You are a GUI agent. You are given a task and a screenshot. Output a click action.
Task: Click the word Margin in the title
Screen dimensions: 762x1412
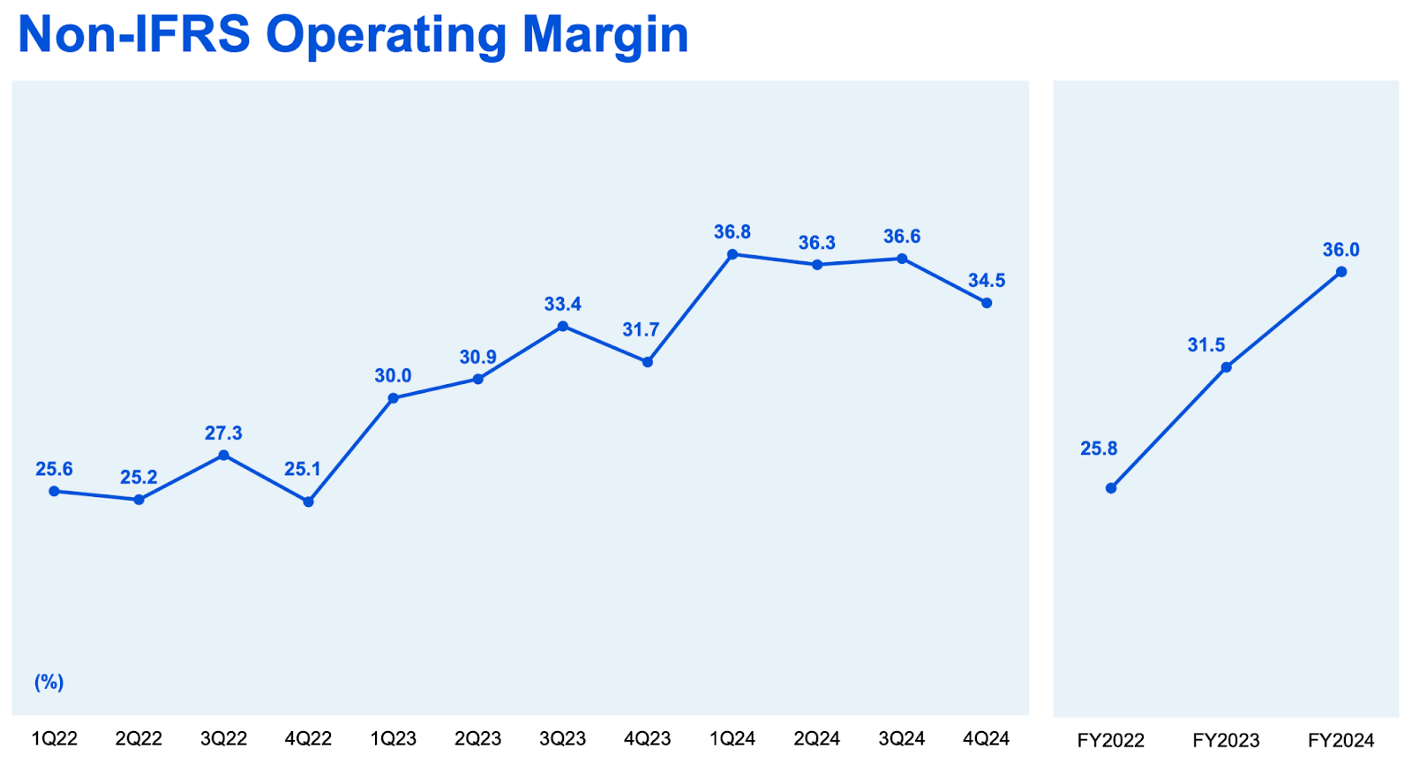(x=605, y=35)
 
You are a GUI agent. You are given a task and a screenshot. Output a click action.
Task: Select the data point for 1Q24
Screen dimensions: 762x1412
(x=732, y=254)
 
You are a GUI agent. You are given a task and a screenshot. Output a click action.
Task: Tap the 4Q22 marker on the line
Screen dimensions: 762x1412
(x=308, y=502)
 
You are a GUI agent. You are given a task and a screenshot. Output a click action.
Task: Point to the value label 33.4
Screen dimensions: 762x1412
(x=562, y=305)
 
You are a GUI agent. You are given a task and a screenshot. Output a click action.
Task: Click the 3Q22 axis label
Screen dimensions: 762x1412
(x=223, y=739)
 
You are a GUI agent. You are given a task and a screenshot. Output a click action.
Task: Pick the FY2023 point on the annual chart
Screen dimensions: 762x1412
(x=1226, y=367)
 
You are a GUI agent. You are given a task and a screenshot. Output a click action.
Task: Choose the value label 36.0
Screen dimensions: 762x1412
(x=1341, y=250)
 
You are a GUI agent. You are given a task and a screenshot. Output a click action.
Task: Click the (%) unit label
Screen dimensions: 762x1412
(x=49, y=683)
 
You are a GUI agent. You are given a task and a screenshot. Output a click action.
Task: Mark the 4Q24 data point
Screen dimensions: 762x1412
(x=987, y=303)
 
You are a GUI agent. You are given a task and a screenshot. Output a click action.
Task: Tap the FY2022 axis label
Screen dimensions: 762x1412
(x=1110, y=740)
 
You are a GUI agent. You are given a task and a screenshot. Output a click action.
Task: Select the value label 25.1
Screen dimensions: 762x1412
(x=303, y=469)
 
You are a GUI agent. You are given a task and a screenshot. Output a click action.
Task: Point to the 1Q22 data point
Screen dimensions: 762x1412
(x=54, y=491)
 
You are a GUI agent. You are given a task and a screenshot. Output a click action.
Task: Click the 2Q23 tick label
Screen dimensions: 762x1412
(x=477, y=739)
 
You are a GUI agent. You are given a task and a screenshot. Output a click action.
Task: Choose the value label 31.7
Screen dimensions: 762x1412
(x=641, y=330)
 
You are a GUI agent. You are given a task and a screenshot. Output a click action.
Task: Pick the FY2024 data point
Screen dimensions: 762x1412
(x=1341, y=272)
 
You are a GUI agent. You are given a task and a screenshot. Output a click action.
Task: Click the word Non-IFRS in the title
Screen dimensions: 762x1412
(x=133, y=35)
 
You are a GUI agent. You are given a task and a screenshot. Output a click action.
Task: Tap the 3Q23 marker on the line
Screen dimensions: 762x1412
(x=563, y=327)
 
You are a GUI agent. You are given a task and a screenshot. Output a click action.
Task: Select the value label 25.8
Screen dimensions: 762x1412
(x=1099, y=449)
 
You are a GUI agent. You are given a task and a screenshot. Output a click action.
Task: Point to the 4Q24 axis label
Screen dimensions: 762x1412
(x=986, y=739)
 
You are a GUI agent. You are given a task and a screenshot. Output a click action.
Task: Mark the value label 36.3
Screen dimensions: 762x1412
(x=817, y=243)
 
